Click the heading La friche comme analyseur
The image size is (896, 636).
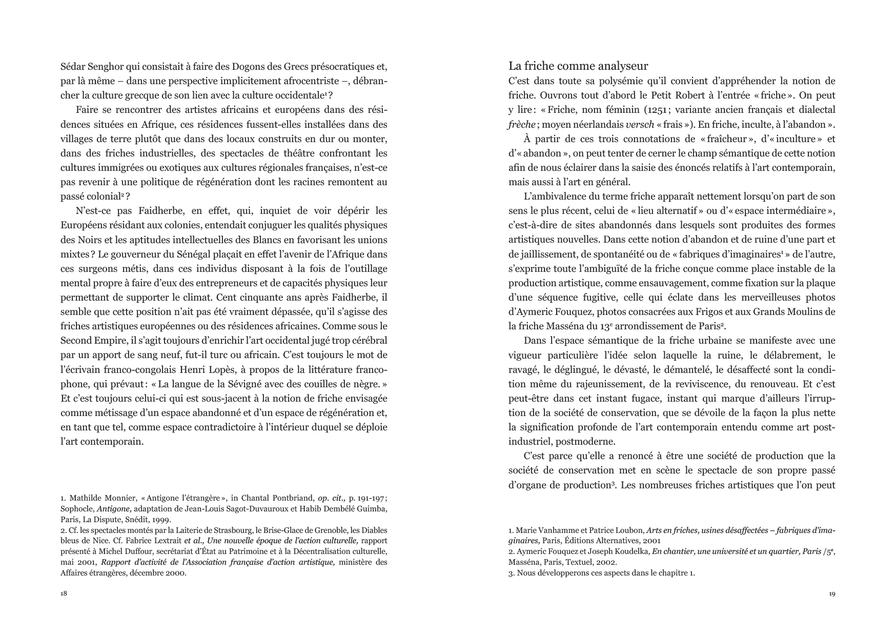[578, 66]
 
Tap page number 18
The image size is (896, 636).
[64, 593]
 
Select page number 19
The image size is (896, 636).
[831, 593]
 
